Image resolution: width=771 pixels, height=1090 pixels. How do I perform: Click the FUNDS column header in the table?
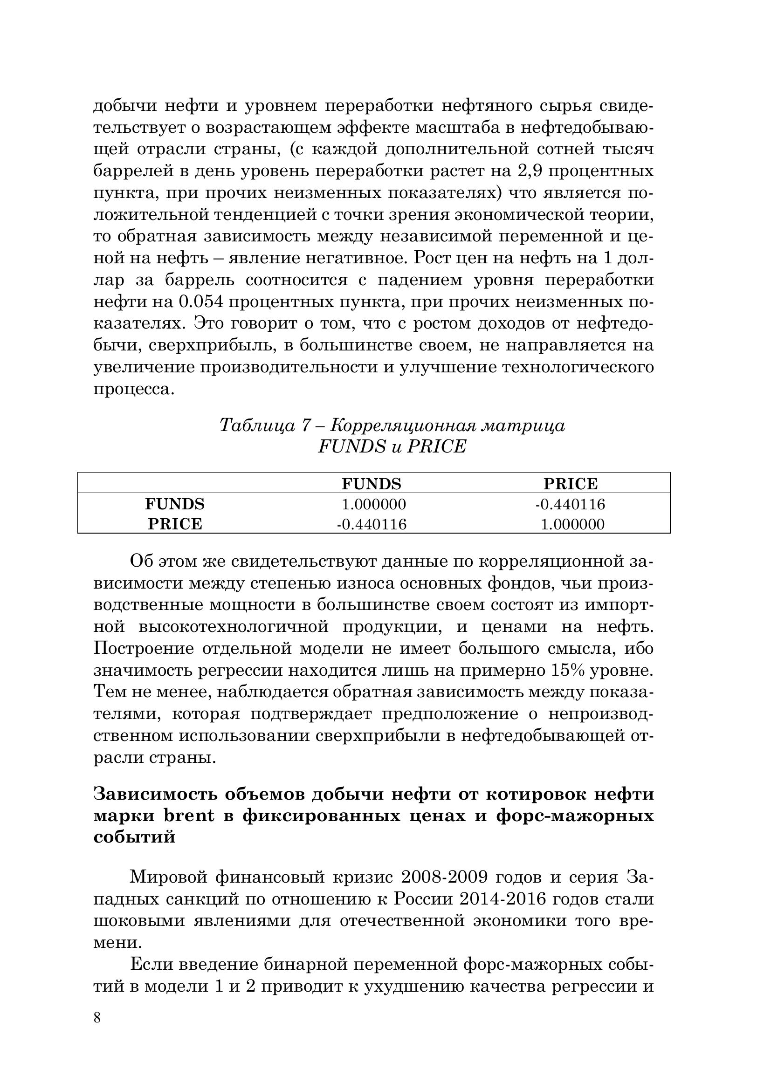[371, 484]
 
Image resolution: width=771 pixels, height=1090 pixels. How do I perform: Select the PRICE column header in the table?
[570, 484]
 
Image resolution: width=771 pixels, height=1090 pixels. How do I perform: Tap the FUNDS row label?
[175, 504]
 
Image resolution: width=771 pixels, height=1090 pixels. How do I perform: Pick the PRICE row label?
[175, 524]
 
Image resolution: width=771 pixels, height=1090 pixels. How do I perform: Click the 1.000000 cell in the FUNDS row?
[374, 504]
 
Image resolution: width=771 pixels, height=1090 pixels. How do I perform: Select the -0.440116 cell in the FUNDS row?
[570, 504]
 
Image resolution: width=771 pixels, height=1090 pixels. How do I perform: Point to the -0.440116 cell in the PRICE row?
[371, 524]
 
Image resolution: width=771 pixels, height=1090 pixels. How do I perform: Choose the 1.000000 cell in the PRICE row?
[572, 524]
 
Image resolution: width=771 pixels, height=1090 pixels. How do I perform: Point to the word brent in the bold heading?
[189, 816]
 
